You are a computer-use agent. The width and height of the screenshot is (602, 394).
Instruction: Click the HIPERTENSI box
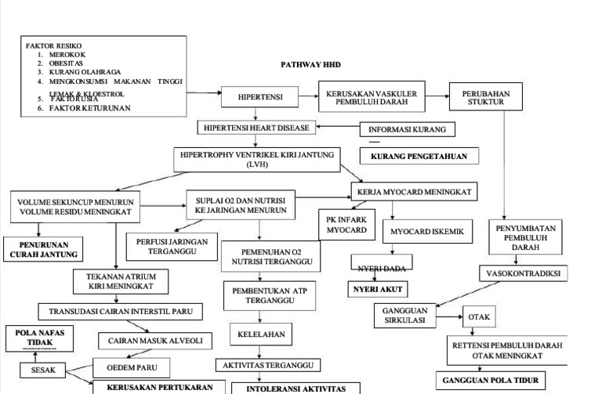point(261,97)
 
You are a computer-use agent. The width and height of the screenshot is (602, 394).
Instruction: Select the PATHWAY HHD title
point(311,65)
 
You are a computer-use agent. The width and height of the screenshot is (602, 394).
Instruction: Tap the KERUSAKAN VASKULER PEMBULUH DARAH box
point(371,97)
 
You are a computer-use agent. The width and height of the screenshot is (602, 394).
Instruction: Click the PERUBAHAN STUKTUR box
point(480,97)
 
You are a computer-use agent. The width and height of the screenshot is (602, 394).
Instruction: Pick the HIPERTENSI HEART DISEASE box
point(256,128)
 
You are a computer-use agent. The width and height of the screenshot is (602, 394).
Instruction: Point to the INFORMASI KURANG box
point(407,129)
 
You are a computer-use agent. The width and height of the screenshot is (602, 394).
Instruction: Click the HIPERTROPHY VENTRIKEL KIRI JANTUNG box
point(257,159)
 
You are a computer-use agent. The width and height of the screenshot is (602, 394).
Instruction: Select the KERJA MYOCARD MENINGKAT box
point(413,191)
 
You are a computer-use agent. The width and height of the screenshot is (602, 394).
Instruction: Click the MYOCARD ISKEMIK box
point(427,231)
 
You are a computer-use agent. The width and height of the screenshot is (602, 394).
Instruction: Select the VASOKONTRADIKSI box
point(523,274)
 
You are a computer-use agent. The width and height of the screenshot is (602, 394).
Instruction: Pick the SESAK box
point(43,371)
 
